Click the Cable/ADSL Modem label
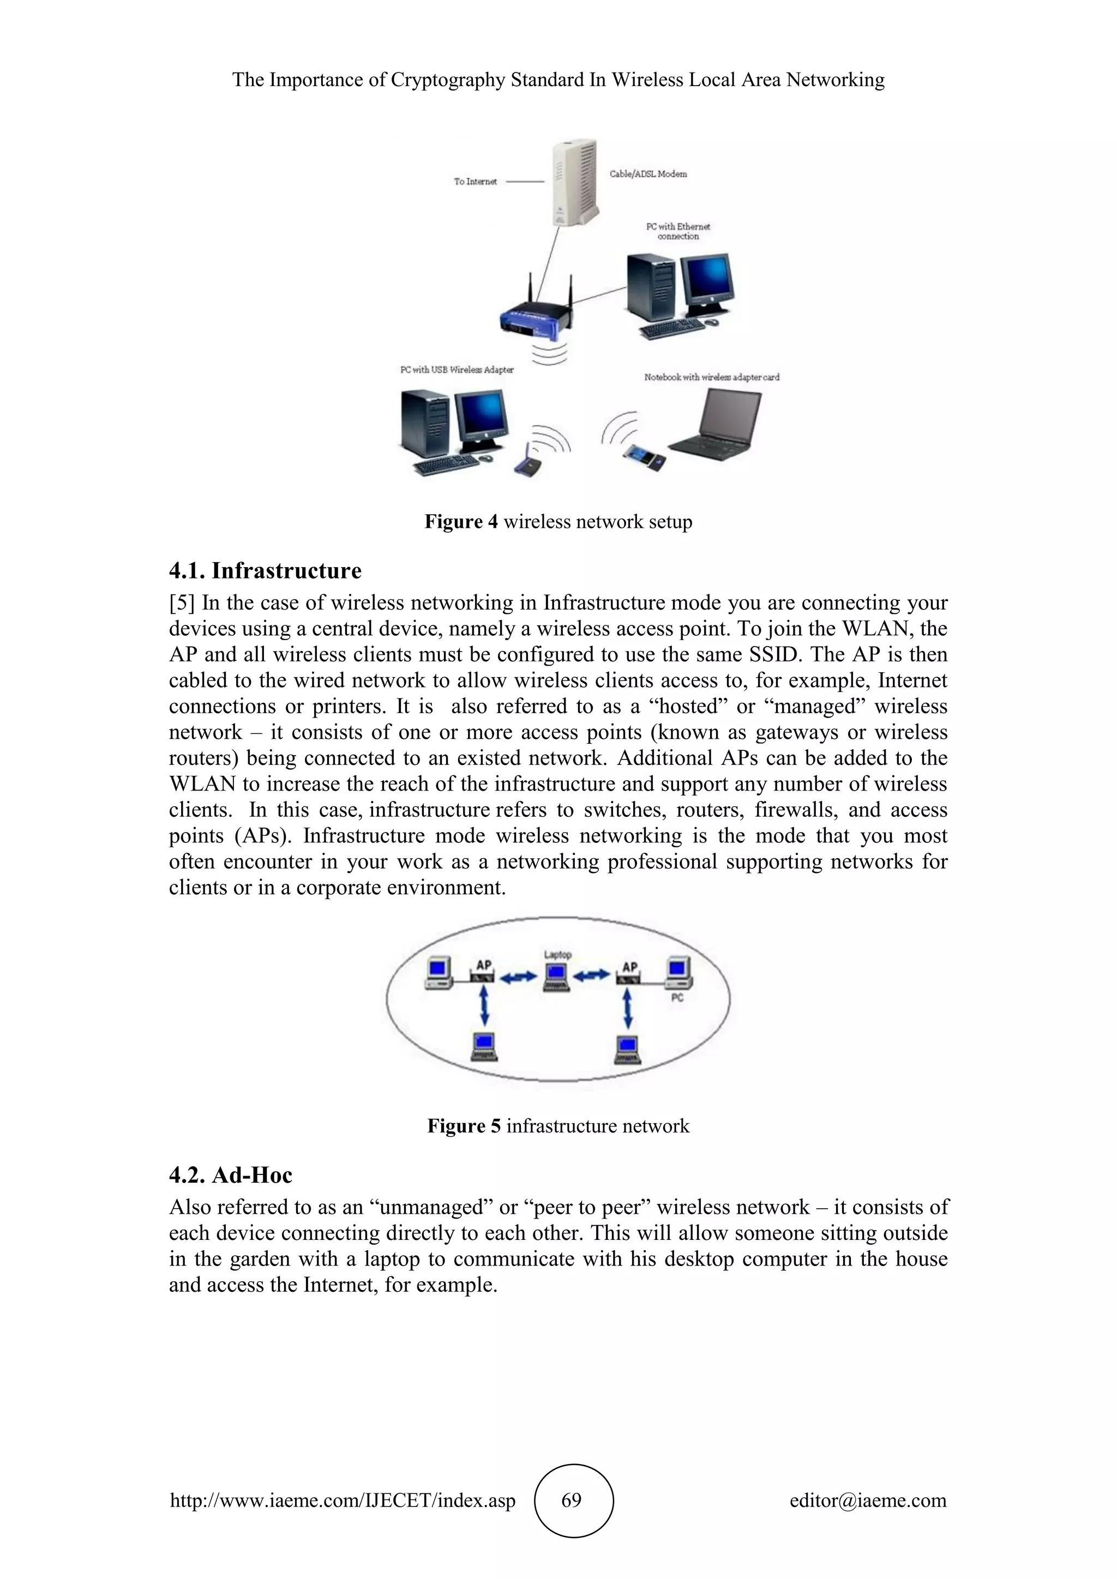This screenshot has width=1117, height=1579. [x=648, y=174]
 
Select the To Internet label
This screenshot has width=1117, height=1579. [x=475, y=182]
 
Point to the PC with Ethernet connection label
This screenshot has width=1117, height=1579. [x=678, y=231]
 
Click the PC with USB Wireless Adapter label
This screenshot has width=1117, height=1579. [x=457, y=370]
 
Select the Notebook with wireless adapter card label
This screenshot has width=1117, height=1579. [x=712, y=377]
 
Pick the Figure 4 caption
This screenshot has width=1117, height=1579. [x=558, y=522]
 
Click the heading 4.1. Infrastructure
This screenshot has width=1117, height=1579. [x=266, y=571]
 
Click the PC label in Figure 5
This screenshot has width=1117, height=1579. [x=677, y=997]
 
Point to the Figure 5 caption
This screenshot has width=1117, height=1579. [x=558, y=1126]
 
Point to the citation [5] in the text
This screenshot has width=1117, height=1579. [x=182, y=603]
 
